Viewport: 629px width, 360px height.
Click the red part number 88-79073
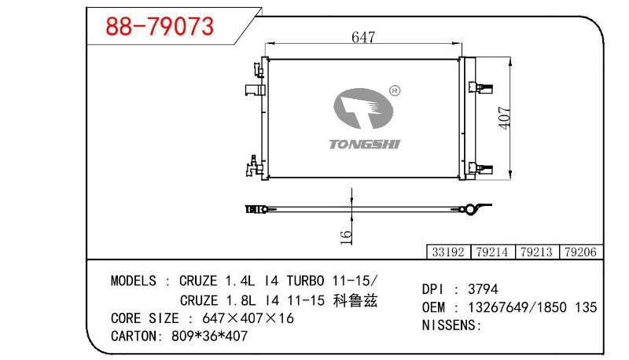[x=160, y=27]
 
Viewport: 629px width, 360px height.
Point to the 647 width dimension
[x=363, y=37]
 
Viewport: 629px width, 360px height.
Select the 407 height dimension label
[x=505, y=118]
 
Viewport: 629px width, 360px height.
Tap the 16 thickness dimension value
[x=346, y=237]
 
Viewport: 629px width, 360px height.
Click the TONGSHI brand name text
[x=365, y=145]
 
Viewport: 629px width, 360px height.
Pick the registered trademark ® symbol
[x=395, y=91]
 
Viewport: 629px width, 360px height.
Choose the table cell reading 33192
[x=448, y=252]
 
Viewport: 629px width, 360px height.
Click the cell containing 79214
[x=492, y=252]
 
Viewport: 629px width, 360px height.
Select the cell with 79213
[x=536, y=252]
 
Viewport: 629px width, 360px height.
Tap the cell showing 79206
[x=580, y=252]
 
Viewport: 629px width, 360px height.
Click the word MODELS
[x=133, y=281]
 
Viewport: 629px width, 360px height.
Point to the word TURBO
[x=305, y=281]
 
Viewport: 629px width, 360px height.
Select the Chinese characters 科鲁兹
[x=355, y=300]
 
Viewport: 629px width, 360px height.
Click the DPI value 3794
[x=483, y=289]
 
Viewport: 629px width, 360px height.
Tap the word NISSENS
[x=449, y=325]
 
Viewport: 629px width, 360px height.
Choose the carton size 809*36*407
[x=209, y=336]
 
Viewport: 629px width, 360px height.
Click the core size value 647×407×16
[x=248, y=318]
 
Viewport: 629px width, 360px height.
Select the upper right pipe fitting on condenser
[x=480, y=87]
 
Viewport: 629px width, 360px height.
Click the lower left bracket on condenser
[x=254, y=166]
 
